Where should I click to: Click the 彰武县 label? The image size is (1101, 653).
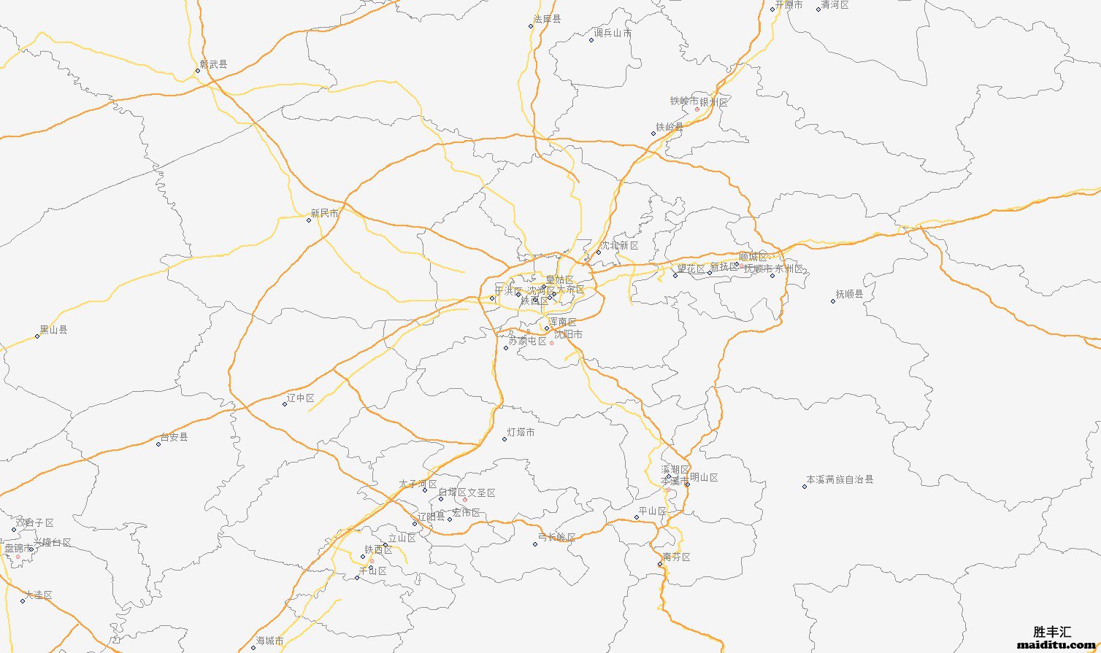(213, 64)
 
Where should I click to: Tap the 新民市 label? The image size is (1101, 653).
(324, 213)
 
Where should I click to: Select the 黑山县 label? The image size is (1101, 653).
(53, 330)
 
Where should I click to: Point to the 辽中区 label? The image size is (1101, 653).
(301, 398)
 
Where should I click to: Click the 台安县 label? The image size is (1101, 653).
(174, 437)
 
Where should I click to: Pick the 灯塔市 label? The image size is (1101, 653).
(521, 433)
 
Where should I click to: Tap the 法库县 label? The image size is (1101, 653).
(547, 19)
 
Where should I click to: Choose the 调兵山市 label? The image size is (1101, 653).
(613, 33)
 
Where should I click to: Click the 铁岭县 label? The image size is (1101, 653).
(670, 127)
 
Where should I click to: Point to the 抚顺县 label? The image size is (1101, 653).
(849, 294)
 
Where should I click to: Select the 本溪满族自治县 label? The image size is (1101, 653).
(840, 480)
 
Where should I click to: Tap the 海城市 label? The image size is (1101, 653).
(269, 641)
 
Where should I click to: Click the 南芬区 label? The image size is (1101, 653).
(676, 557)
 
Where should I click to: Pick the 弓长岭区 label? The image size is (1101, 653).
(556, 538)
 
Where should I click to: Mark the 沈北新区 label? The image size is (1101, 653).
(619, 246)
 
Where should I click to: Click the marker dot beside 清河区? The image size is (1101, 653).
(818, 9)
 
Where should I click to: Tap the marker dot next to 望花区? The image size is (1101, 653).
(675, 276)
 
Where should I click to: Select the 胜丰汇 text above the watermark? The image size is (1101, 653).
(1053, 632)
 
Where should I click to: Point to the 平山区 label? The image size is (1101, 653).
(653, 511)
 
